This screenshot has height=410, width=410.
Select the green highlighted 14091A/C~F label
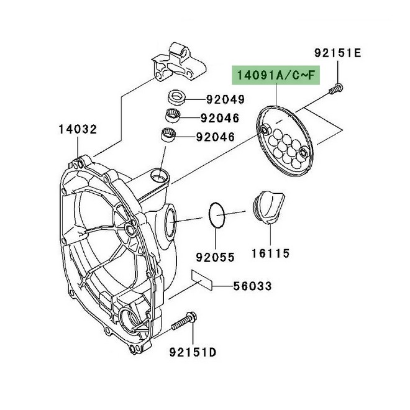point(275,76)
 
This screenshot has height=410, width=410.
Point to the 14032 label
point(78,129)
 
